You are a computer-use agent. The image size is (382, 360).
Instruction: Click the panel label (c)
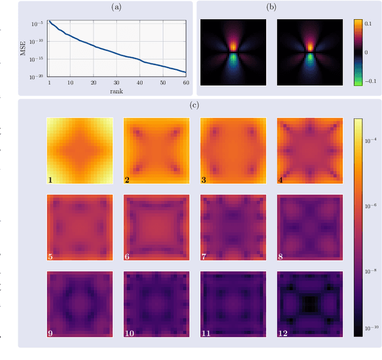[x=195, y=106]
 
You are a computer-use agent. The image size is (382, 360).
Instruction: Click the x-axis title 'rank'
[x=116, y=91]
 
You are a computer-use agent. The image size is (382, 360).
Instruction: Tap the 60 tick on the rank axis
[x=186, y=82]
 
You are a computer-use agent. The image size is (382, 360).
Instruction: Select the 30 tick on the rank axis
[x=116, y=82]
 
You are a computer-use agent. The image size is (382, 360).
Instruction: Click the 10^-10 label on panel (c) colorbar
[x=371, y=328]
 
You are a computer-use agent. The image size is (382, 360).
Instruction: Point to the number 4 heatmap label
[x=281, y=179]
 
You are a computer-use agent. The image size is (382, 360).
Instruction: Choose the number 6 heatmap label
[x=128, y=256]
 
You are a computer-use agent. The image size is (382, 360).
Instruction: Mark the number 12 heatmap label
[x=283, y=333]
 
